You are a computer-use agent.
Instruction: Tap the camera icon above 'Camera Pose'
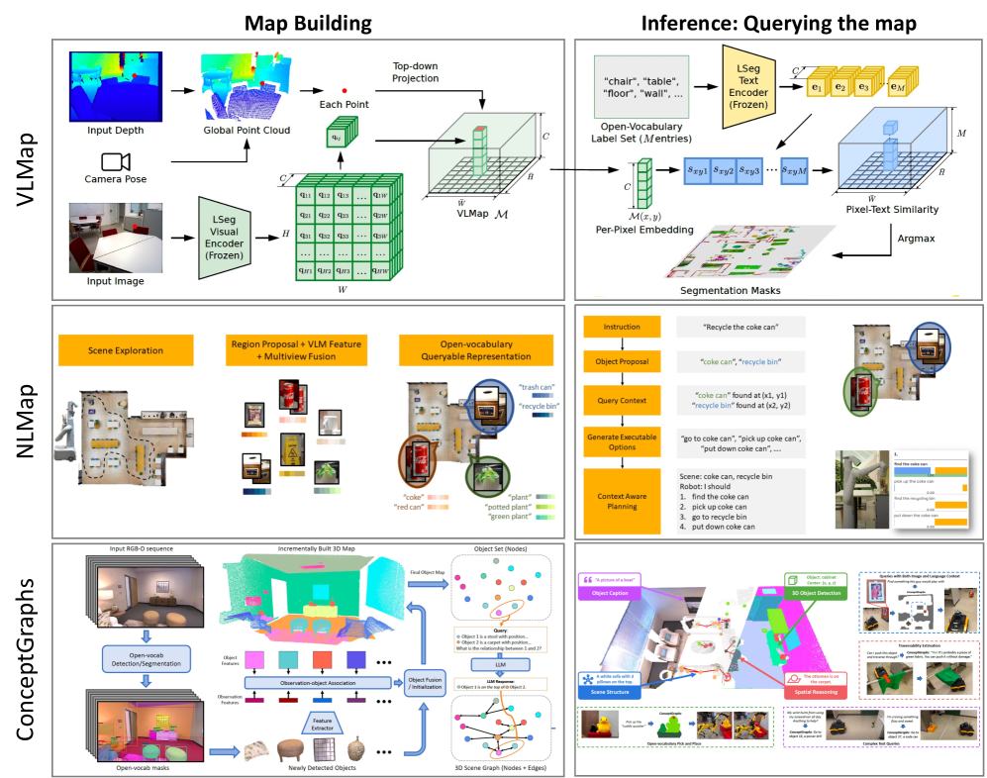115,161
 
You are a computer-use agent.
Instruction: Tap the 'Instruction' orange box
621,327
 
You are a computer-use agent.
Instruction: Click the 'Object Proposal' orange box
621,362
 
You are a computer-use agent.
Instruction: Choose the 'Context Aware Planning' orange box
621,500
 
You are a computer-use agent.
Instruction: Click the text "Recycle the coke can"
740,327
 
